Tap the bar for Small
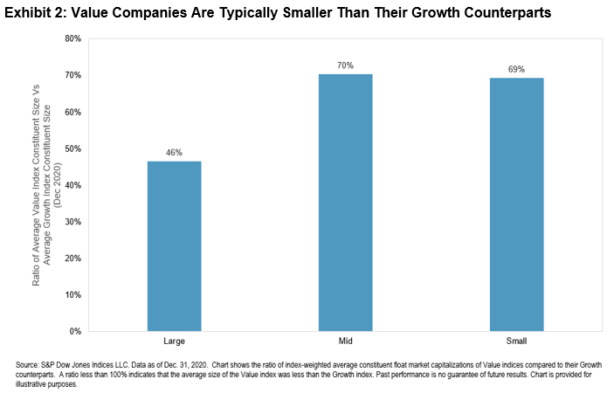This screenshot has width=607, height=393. [515, 204]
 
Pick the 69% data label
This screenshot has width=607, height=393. [515, 69]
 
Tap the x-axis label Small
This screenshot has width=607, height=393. [515, 341]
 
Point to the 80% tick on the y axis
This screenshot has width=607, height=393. [72, 39]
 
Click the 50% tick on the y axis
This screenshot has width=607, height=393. [72, 149]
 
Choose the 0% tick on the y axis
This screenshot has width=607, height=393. [75, 332]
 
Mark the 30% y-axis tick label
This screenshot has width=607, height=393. [72, 222]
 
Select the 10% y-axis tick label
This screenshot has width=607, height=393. [72, 295]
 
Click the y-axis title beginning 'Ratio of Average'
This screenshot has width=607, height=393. [54, 185]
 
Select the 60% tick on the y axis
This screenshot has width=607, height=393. [72, 113]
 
